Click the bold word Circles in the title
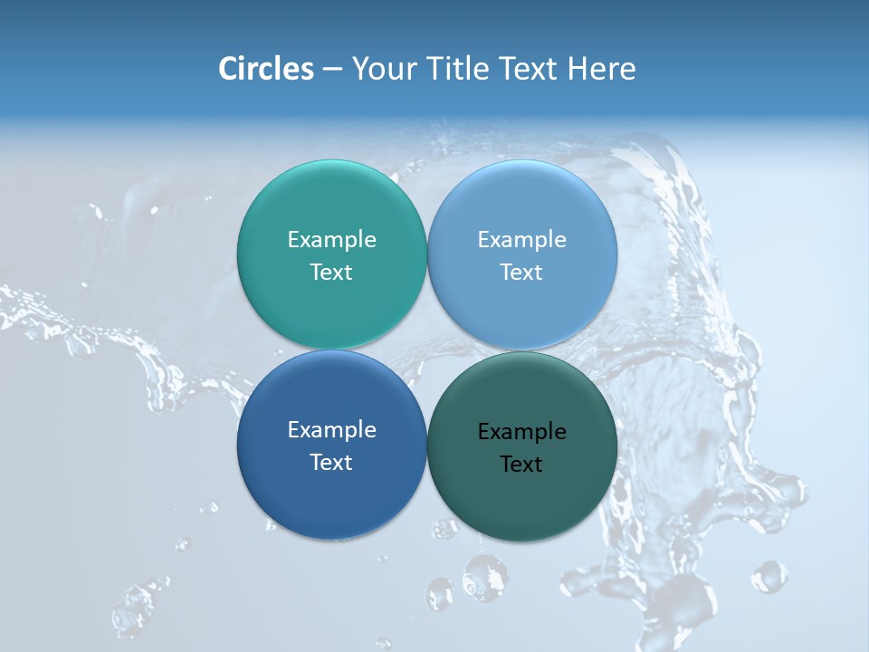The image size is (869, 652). [x=266, y=69]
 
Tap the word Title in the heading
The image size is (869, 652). [x=460, y=69]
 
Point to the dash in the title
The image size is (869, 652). [x=332, y=70]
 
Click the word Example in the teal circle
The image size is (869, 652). [x=331, y=240]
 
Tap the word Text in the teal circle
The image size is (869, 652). [x=331, y=273]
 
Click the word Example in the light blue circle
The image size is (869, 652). [x=521, y=240]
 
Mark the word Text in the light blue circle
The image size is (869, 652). [x=521, y=273]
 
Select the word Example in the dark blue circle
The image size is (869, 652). [x=331, y=430]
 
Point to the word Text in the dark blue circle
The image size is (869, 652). [x=331, y=463]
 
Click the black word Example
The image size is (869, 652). [x=521, y=432]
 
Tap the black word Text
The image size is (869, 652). [x=521, y=465]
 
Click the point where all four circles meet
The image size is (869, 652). [x=426, y=350]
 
